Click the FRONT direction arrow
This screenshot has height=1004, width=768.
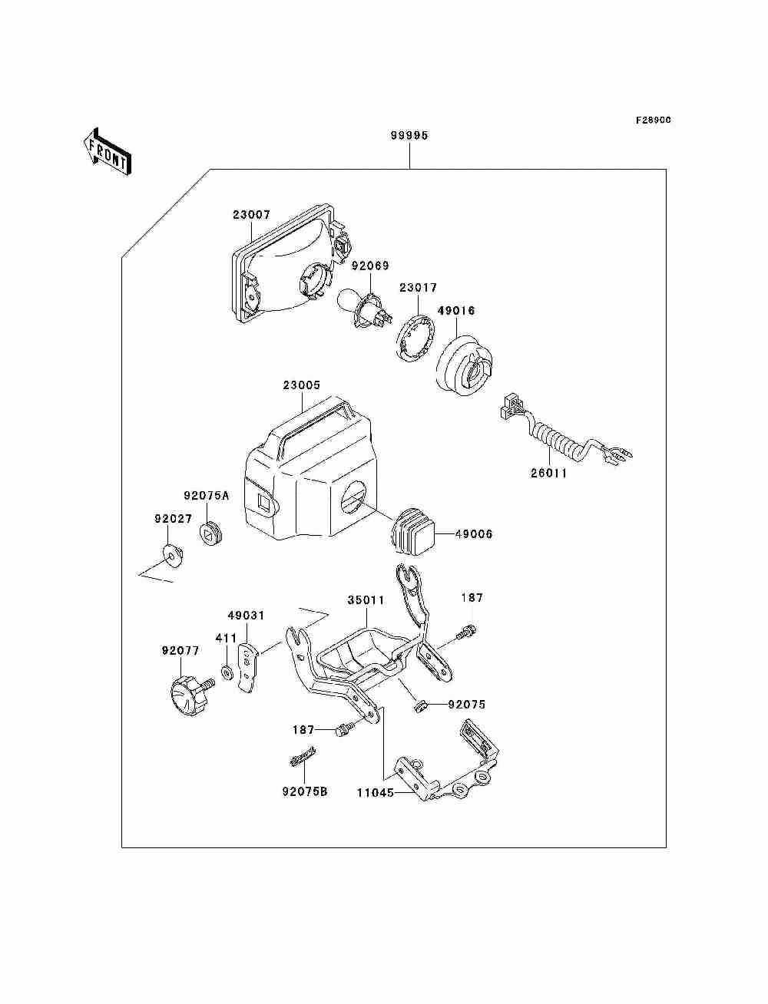108,152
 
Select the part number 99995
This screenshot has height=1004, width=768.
409,135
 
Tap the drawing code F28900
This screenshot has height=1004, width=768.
653,120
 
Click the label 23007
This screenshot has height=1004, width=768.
252,214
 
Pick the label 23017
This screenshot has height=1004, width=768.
419,288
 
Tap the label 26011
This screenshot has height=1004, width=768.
549,474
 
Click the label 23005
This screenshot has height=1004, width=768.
302,385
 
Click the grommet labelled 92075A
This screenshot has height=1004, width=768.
211,533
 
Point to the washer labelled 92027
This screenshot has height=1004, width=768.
173,555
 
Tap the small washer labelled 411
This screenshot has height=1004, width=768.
226,673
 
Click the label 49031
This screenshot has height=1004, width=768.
247,616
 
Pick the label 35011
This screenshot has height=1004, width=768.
366,599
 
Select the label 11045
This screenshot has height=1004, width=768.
376,793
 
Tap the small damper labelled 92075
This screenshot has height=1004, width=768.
419,707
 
